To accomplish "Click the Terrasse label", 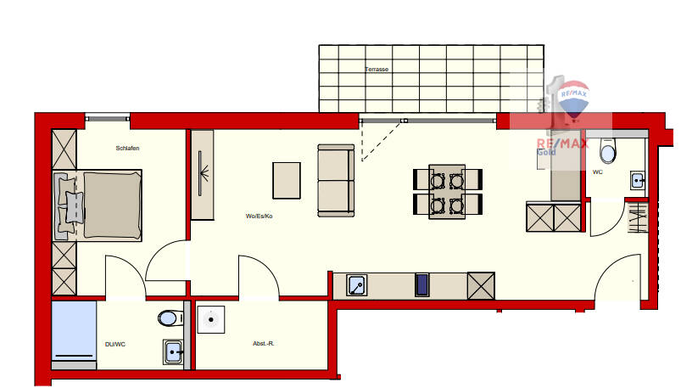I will point(377,70).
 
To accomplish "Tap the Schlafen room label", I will point(127,149).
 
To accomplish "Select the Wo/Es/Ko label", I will point(260,216).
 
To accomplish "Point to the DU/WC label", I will point(114,344).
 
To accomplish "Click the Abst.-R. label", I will point(262,344).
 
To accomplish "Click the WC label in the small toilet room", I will point(598,172).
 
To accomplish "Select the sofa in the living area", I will point(336,179).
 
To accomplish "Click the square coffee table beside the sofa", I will point(287,179).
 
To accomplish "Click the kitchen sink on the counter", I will point(358,285).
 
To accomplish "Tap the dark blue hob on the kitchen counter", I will point(422,284).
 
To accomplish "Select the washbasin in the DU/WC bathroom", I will point(174,351).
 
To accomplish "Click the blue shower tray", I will point(72,331).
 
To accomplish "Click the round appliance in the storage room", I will point(209,320).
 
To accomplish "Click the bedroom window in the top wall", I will point(107,118).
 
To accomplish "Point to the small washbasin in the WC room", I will point(637,180).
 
